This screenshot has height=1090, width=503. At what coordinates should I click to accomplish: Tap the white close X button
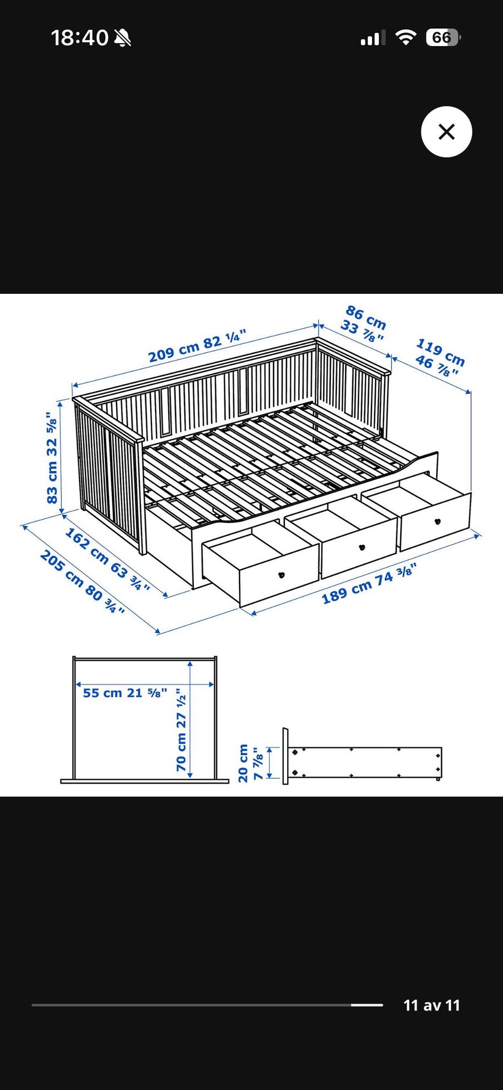click(x=446, y=131)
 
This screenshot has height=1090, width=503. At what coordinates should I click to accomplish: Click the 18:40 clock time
click(x=80, y=38)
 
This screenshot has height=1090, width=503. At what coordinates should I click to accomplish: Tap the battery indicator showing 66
click(x=443, y=38)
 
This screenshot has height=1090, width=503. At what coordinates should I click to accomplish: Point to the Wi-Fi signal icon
click(x=406, y=37)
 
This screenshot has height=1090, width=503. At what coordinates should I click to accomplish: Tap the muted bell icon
click(x=123, y=38)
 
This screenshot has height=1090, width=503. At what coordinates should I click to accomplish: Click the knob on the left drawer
click(x=281, y=575)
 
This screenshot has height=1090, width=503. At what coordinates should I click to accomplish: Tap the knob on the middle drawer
click(x=361, y=548)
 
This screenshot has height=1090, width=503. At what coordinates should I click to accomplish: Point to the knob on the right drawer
click(x=438, y=521)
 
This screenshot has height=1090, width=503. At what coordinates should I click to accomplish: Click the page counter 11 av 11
click(x=432, y=1005)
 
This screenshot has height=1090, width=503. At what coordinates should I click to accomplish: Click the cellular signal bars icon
click(x=373, y=38)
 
